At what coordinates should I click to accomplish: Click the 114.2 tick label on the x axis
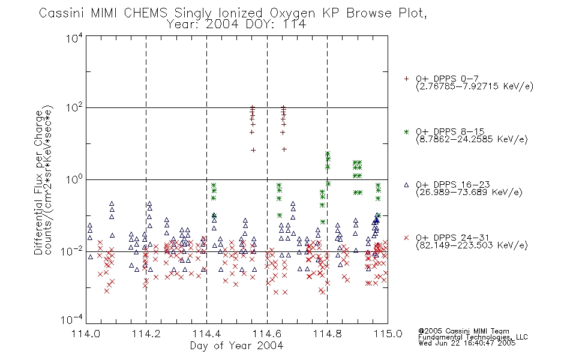[x=146, y=334]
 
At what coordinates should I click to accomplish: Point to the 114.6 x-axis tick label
[x=267, y=334]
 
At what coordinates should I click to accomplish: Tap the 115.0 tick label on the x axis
[x=388, y=334]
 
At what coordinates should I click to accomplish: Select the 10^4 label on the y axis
[x=74, y=38]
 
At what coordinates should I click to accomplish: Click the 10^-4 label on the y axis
[x=72, y=320]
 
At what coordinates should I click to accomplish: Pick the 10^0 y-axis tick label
[x=74, y=179]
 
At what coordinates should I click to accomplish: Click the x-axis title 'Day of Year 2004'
[x=236, y=346]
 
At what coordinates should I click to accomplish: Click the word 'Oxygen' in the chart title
[x=292, y=14]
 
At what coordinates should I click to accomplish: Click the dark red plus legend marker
[x=406, y=79]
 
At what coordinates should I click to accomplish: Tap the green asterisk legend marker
[x=406, y=131]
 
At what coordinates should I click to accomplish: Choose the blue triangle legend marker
[x=406, y=185]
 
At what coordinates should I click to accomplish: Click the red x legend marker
[x=406, y=238]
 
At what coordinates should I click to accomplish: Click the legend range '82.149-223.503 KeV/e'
[x=472, y=245]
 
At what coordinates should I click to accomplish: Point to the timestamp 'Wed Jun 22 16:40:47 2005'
[x=467, y=343]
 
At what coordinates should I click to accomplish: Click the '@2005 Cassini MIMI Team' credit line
[x=463, y=331]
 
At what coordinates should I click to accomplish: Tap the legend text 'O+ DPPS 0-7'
[x=447, y=78]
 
